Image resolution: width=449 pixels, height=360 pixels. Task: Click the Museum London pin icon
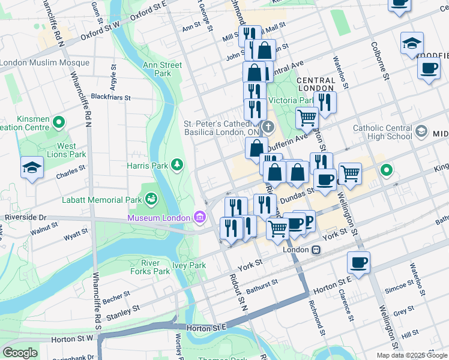[x=199, y=217]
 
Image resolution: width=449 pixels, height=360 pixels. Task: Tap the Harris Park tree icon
[x=176, y=164]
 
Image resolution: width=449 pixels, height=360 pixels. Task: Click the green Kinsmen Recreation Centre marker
[x=58, y=123]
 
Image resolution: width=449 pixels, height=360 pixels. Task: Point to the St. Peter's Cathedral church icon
[x=268, y=127]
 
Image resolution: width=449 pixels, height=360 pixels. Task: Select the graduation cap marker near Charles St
[x=31, y=168]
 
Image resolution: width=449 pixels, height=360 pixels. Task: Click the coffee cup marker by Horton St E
[x=358, y=263]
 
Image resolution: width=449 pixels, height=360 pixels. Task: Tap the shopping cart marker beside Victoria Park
[x=307, y=118]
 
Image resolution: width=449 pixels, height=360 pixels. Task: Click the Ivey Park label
[x=189, y=265]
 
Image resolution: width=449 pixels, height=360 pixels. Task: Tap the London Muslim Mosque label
[x=36, y=62]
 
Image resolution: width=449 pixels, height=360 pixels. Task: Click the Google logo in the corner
[x=20, y=352]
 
